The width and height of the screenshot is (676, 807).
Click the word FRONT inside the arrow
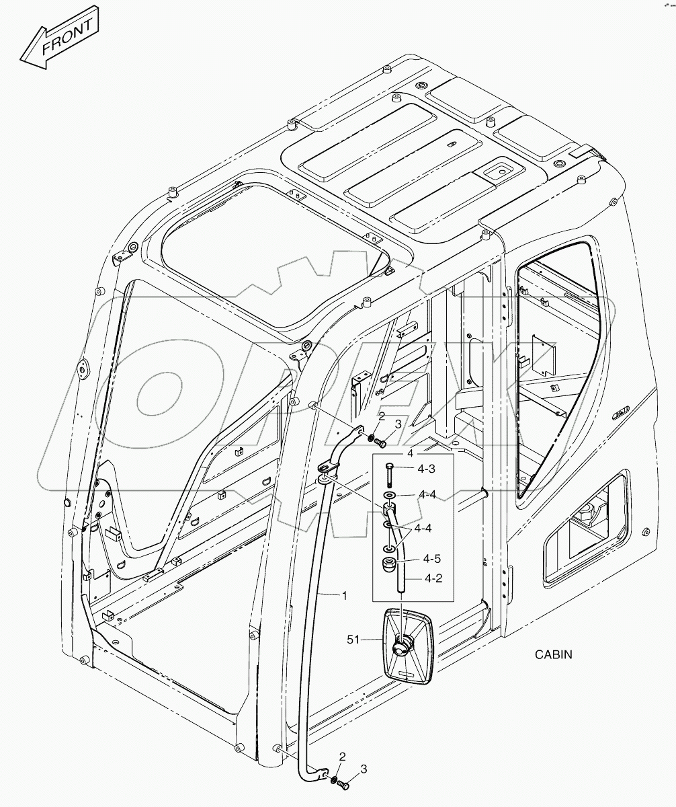67,38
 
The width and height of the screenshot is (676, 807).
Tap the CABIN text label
553,654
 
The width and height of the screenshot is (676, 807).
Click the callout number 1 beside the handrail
345,595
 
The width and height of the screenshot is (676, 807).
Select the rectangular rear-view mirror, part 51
409,646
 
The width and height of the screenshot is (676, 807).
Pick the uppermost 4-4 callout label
428,494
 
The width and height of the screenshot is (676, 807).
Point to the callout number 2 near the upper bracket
380,418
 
